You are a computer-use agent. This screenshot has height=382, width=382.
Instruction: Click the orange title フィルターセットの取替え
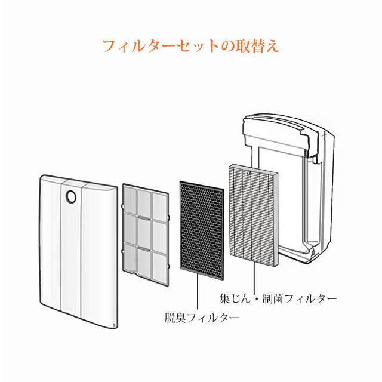coord(190,45)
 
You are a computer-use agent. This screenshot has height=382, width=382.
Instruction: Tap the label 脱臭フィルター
coord(202,318)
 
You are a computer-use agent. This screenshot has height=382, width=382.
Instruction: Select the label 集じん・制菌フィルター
coord(278,298)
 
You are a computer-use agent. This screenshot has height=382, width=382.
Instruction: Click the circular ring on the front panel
coord(70,196)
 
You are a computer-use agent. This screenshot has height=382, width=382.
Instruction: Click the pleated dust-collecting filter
coord(253,215)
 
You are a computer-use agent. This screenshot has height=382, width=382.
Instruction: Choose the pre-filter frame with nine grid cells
coord(146,235)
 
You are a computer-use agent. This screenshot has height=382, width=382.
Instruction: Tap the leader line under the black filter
coord(198,292)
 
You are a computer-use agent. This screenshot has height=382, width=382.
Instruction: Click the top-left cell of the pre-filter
coord(130,201)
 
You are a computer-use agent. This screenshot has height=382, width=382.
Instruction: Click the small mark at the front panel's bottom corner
coord(114,325)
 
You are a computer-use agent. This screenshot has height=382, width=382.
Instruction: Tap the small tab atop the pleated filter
coord(248,172)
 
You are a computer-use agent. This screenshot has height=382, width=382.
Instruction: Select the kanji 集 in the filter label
coord(224,298)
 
